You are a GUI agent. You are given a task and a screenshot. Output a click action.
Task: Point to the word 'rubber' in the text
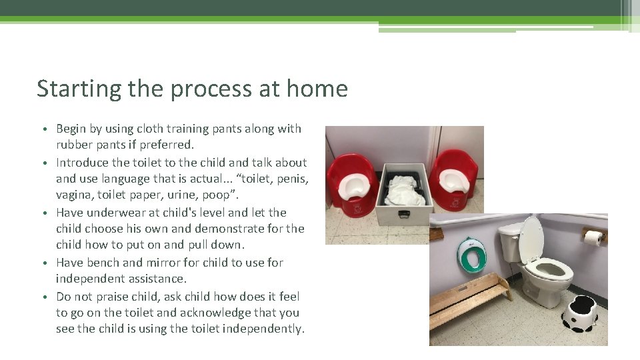click(x=76, y=145)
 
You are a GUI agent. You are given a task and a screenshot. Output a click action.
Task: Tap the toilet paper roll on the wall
click(x=593, y=237)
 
